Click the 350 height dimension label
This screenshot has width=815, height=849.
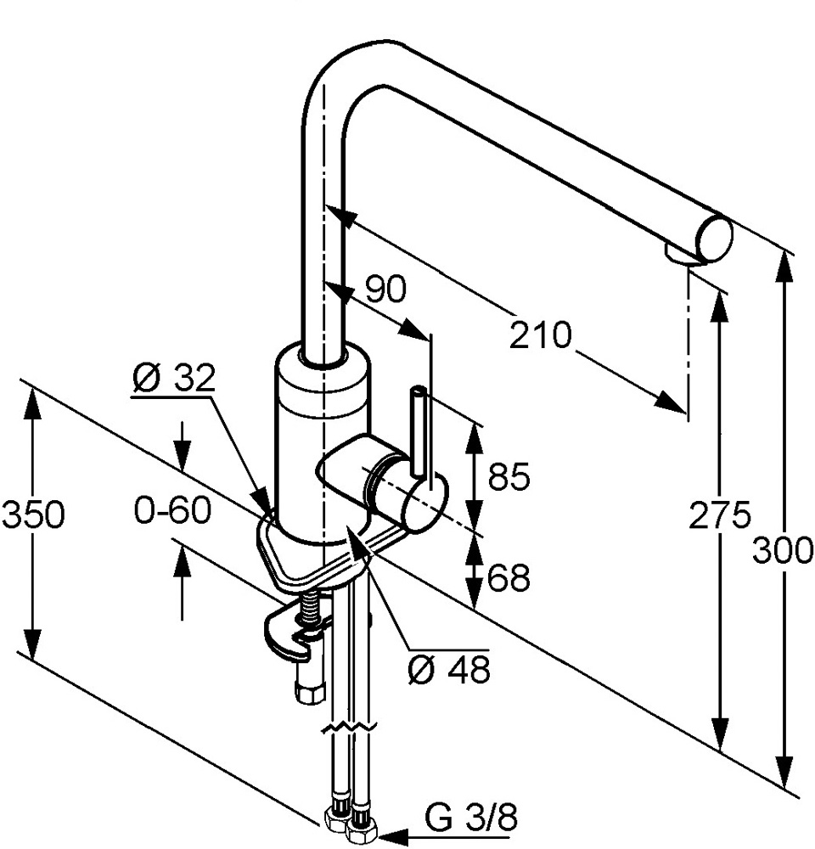pos(33,514)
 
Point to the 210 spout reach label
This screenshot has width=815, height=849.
pos(541,335)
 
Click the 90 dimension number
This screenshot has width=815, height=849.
pos(385,290)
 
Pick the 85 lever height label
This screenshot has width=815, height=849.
pos(509,477)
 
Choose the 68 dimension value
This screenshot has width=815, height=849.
pos(509,578)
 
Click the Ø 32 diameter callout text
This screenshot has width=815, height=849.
pos(174,379)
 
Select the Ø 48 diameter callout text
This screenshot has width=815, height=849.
pos(448,671)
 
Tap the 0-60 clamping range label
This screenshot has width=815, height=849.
pos(172,512)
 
